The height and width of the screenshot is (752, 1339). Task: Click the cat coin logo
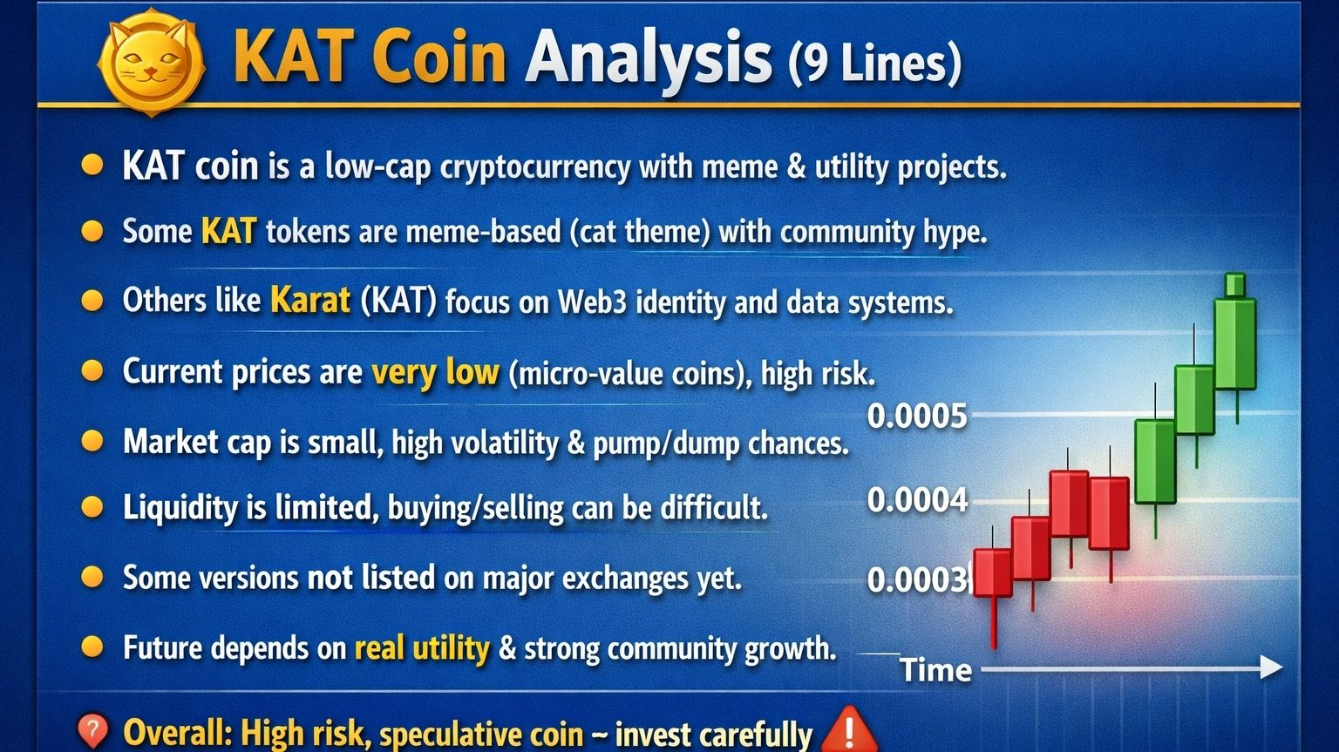click(151, 61)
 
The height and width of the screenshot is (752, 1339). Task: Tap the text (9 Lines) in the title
click(875, 62)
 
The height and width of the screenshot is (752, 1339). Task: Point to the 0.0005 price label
click(917, 416)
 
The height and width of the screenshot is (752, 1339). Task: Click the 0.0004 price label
click(917, 500)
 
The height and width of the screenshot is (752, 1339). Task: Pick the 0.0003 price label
click(917, 579)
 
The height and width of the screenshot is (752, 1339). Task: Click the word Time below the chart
click(935, 669)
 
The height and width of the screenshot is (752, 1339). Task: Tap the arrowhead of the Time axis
click(1271, 667)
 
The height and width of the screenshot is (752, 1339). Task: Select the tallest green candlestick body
click(1235, 344)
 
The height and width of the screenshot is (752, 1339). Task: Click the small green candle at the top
click(1235, 285)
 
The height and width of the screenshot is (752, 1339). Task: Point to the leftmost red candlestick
click(993, 573)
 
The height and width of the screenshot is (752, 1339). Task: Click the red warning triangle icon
click(849, 730)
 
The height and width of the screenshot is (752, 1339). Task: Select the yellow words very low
click(435, 372)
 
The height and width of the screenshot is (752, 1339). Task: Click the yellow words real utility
click(422, 647)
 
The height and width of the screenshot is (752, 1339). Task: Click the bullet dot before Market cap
click(92, 441)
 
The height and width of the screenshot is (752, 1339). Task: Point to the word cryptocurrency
click(535, 168)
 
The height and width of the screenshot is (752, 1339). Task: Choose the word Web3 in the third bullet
click(593, 301)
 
